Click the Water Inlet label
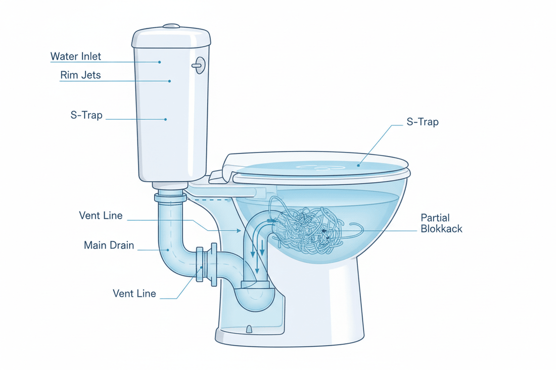pos(76,56)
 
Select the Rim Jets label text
pos(80,75)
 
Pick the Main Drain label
pos(109,246)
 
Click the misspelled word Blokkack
pos(441,229)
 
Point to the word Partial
pos(436,218)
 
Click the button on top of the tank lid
pos(172,25)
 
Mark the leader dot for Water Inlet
pos(159,62)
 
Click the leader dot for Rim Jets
pos(170,81)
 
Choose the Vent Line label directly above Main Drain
pos(101,216)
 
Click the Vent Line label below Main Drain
pos(134,293)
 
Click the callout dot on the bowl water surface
pos(358,164)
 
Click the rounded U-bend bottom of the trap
pos(257,298)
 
